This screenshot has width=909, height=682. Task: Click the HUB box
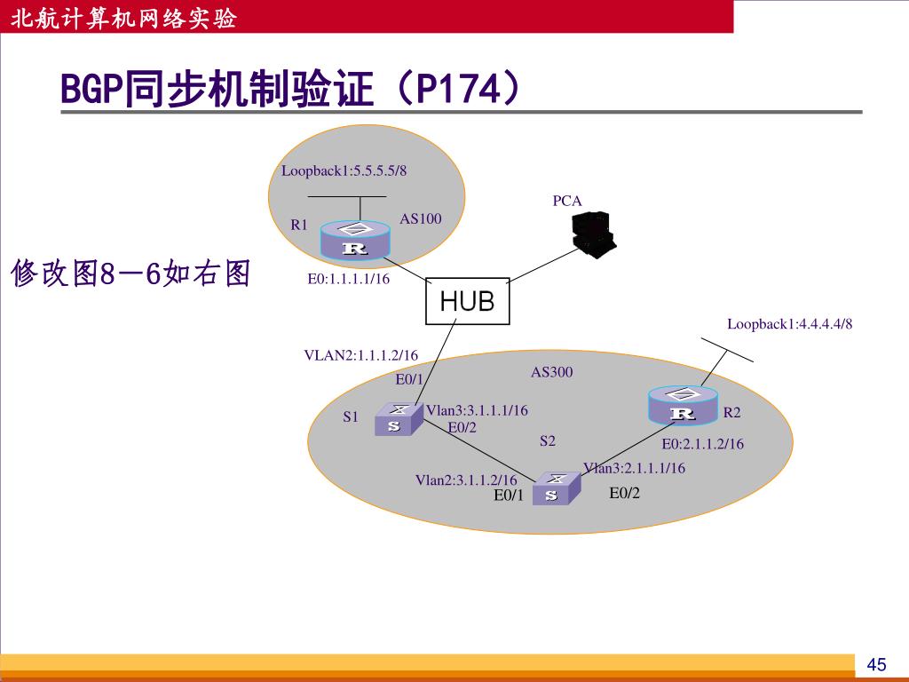click(467, 301)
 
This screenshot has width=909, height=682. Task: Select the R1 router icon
click(355, 241)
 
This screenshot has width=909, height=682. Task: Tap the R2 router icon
click(682, 406)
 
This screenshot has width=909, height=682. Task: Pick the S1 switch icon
click(395, 419)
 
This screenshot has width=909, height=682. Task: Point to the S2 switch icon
click(555, 488)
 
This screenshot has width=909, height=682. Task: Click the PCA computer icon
click(592, 234)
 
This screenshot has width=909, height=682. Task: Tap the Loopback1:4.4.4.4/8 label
click(789, 324)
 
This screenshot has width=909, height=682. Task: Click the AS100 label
click(420, 218)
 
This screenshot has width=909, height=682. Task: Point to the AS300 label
click(551, 372)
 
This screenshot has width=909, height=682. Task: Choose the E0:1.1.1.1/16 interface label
click(349, 279)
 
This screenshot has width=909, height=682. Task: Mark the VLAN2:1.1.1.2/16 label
click(360, 355)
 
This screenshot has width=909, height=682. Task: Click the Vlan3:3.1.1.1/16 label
click(477, 410)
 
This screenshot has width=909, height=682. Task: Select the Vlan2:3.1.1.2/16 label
click(466, 480)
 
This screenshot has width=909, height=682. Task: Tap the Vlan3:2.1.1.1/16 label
click(634, 468)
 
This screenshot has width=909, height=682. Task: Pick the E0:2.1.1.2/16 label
click(702, 444)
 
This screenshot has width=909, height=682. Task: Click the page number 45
click(876, 665)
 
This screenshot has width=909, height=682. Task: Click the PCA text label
click(567, 201)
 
